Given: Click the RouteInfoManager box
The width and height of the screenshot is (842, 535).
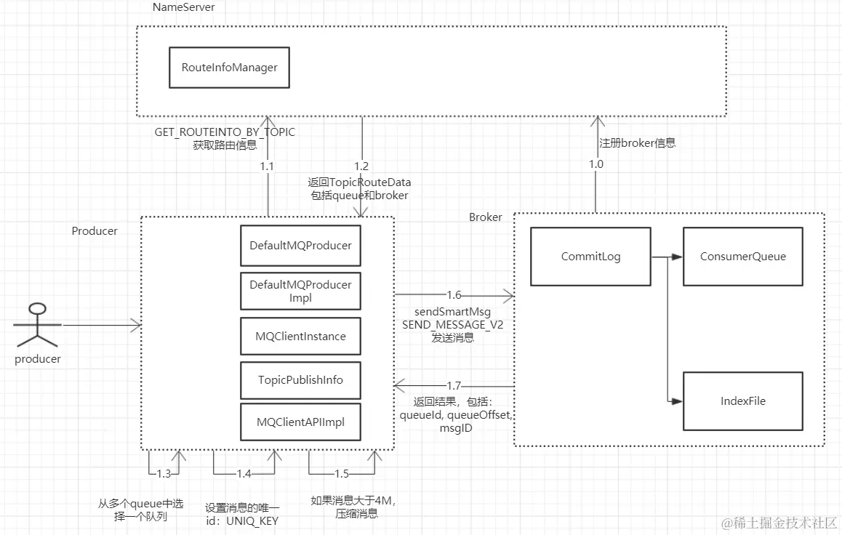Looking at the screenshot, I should (x=229, y=68).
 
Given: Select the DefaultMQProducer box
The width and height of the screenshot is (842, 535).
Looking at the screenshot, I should (x=300, y=246).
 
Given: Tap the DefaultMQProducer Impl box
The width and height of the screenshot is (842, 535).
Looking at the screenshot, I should (x=300, y=291).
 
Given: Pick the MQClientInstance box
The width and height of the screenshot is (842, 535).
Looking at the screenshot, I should (x=300, y=337).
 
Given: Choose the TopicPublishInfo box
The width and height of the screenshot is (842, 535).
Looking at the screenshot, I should (x=300, y=380).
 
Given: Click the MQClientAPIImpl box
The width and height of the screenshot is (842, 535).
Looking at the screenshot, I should (x=300, y=422).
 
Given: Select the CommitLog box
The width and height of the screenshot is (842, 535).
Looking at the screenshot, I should (x=590, y=257).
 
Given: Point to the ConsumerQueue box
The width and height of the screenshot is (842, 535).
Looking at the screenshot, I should (x=742, y=257).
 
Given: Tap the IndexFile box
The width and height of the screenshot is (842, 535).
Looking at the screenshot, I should (x=742, y=401).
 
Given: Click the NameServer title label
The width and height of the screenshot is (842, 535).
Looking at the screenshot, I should (x=183, y=7).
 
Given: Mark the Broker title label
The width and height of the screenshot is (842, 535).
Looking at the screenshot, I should (x=485, y=217).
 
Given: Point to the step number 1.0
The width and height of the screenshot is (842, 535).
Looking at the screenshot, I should (x=596, y=164).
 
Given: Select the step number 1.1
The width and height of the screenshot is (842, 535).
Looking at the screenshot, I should (x=268, y=166).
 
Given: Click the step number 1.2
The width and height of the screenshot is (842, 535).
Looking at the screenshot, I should (x=361, y=166).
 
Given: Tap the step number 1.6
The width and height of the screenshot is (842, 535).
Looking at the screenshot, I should (x=454, y=295).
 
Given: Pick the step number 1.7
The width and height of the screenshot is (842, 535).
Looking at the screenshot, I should (x=454, y=386).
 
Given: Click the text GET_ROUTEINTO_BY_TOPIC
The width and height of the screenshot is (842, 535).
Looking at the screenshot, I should (x=225, y=132).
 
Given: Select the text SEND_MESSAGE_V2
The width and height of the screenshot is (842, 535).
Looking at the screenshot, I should (x=453, y=325).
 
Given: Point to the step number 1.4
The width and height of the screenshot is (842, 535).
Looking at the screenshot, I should (x=244, y=474).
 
